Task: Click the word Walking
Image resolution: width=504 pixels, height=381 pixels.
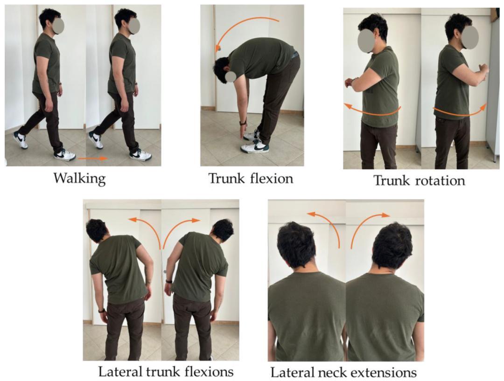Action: [79, 178]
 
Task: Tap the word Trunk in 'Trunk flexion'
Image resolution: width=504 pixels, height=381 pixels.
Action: [224, 178]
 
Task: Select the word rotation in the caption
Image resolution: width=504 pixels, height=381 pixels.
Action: [442, 180]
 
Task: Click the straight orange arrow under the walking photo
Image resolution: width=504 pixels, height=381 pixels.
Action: [93, 158]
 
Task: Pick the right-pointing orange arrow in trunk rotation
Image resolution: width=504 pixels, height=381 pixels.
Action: [460, 112]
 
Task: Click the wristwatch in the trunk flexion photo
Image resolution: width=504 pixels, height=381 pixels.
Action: [243, 123]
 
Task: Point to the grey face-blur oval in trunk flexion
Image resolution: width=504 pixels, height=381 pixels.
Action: [231, 77]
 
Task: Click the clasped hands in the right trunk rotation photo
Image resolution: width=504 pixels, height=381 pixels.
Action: [483, 69]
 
